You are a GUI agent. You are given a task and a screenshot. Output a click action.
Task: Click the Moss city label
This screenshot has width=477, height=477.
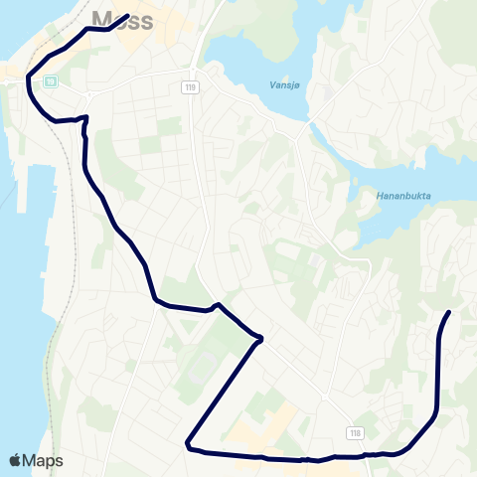121,19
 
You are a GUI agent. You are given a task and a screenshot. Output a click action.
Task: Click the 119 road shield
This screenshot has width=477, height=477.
190,88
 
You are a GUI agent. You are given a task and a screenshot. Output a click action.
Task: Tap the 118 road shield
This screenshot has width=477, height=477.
355,432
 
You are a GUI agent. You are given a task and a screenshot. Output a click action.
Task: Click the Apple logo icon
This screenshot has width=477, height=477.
15,460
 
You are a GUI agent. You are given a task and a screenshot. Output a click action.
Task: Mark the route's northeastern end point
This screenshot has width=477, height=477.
449,313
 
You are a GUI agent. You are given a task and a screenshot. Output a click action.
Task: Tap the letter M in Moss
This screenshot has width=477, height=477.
101,19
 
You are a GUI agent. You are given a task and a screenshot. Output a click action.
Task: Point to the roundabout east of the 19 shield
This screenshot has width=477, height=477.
90,95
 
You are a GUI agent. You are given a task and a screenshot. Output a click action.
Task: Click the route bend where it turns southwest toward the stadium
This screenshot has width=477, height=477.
261,339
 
